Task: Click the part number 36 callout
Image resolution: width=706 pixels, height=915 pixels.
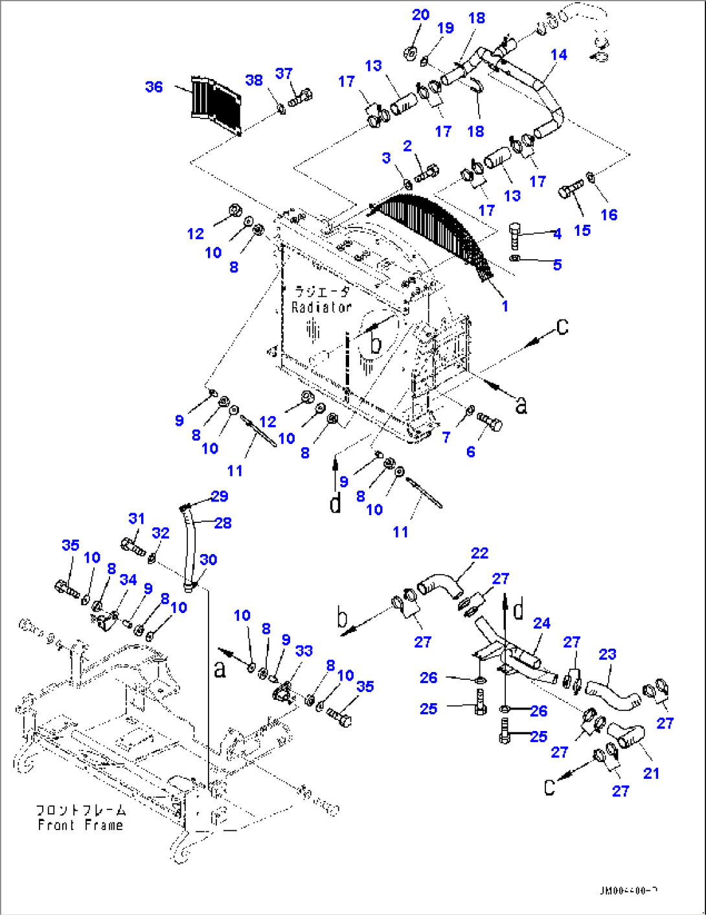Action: click(x=154, y=87)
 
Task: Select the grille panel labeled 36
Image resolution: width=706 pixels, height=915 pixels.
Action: click(x=216, y=106)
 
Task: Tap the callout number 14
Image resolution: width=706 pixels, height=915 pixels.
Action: click(x=558, y=55)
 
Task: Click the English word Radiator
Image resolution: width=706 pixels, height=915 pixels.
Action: click(x=321, y=307)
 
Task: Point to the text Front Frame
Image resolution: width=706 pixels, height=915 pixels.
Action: click(x=80, y=825)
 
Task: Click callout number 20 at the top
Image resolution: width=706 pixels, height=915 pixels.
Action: click(x=420, y=15)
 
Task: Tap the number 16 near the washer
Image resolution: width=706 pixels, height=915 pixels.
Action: click(x=609, y=214)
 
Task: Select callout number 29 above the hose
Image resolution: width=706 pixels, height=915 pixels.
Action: click(x=220, y=496)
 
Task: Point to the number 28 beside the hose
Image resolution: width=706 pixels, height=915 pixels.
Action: click(x=223, y=523)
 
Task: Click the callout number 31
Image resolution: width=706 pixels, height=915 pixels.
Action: click(x=137, y=518)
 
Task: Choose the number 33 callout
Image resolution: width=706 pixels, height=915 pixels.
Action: click(x=304, y=651)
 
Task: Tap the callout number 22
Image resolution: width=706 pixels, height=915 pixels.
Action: click(x=479, y=553)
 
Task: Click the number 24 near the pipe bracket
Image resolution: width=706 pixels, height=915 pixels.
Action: click(x=541, y=623)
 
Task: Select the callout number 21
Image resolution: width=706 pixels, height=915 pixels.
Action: click(x=651, y=773)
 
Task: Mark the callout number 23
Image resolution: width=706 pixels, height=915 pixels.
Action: click(x=607, y=654)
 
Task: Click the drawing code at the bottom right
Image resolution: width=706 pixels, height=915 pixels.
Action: click(x=628, y=891)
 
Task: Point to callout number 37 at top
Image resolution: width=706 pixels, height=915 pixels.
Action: click(x=284, y=74)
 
